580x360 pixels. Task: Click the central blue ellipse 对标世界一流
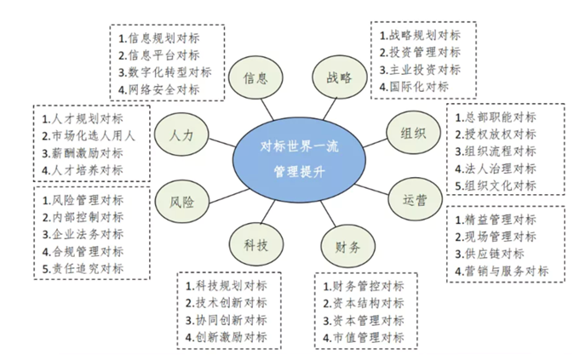(x=299, y=160)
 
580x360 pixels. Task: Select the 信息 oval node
(x=256, y=78)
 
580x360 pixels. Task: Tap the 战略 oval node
(x=340, y=77)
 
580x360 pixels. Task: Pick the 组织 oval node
(x=413, y=132)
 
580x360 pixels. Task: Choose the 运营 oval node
(x=415, y=200)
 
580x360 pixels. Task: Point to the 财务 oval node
(x=347, y=246)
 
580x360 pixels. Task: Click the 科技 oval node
(x=256, y=244)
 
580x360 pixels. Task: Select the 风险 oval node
(x=181, y=202)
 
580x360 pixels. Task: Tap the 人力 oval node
(x=181, y=135)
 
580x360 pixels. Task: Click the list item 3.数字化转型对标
(x=165, y=72)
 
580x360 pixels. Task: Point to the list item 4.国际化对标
(x=414, y=87)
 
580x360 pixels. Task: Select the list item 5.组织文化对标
(x=496, y=186)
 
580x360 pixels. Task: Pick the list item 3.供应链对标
(x=490, y=254)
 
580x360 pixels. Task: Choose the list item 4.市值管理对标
(x=363, y=338)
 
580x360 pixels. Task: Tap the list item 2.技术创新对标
(x=226, y=303)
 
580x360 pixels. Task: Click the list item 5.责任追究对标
(x=83, y=269)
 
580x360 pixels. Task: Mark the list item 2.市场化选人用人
(x=88, y=136)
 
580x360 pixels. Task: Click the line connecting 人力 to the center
(x=222, y=143)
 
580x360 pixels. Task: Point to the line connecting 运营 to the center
(x=372, y=189)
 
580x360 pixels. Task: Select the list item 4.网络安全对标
(x=159, y=89)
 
